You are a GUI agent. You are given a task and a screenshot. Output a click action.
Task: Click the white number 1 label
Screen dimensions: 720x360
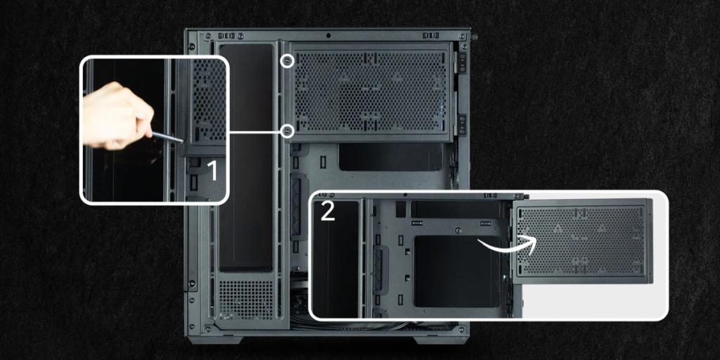pos(213,171)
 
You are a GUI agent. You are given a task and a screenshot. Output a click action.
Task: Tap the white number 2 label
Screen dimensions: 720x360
pos(328,212)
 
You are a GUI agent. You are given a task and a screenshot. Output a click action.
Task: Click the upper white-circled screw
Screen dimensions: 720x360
pos(288,61)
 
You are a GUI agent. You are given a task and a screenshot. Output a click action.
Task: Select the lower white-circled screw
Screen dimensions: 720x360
pos(288,131)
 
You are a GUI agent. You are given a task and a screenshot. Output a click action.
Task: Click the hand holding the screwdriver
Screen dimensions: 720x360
pos(117,116)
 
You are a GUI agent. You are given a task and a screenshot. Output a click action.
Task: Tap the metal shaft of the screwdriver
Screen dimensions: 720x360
pos(167,137)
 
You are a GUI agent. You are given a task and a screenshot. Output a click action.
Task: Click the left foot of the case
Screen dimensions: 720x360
pos(215,340)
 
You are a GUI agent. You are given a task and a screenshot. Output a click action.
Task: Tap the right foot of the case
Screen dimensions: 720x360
pos(440,340)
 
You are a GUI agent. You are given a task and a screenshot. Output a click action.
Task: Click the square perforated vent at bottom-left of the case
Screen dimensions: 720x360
pos(245,299)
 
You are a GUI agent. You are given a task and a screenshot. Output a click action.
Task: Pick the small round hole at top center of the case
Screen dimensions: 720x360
pos(328,35)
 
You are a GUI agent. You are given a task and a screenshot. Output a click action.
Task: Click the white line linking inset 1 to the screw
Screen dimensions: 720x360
pos(255,131)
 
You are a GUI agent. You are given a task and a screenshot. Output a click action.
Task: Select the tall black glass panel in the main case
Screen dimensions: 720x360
pos(246,157)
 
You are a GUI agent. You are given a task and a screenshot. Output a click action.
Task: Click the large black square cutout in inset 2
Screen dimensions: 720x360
pos(457,271)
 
